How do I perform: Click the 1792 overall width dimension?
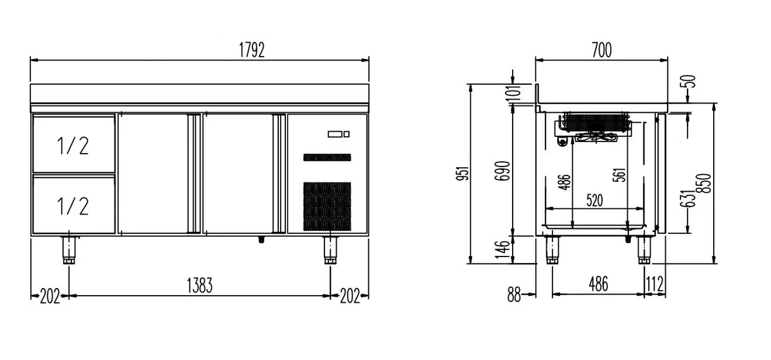[252, 50]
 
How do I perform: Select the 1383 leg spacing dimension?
[200, 285]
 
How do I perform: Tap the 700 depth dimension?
[601, 50]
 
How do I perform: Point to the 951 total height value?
[463, 174]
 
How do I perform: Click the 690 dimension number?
[502, 171]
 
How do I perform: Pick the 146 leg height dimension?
[502, 250]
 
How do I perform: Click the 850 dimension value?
[704, 183]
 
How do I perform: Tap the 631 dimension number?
[687, 199]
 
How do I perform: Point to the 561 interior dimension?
[619, 175]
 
